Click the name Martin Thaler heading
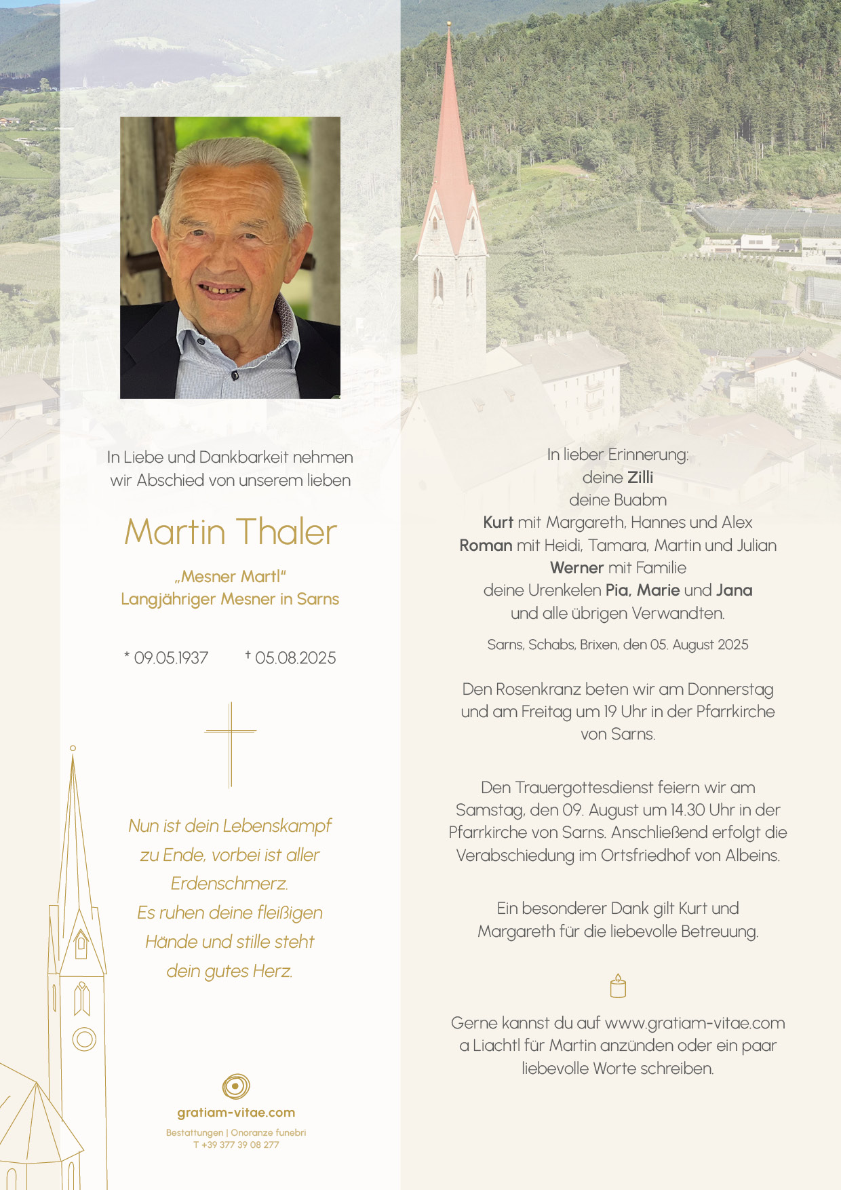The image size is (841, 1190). pyautogui.click(x=231, y=532)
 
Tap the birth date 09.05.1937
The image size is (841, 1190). pyautogui.click(x=171, y=658)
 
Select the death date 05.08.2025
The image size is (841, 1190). pyautogui.click(x=295, y=658)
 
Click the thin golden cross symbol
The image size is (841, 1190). pyautogui.click(x=231, y=744)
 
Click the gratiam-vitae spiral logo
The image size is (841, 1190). pyautogui.click(x=235, y=1086)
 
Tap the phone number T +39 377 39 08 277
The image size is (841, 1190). pyautogui.click(x=236, y=1145)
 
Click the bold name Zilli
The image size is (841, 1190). pyautogui.click(x=640, y=478)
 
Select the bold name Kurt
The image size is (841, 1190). pyautogui.click(x=498, y=522)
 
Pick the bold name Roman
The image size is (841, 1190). pyautogui.click(x=486, y=545)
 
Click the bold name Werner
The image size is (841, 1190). pyautogui.click(x=576, y=568)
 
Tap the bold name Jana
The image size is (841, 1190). pyautogui.click(x=734, y=590)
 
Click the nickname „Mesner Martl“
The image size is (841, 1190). pyautogui.click(x=231, y=577)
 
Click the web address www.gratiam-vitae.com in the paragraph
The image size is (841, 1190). pyautogui.click(x=695, y=1023)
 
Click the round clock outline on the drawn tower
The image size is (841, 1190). pyautogui.click(x=84, y=1039)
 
